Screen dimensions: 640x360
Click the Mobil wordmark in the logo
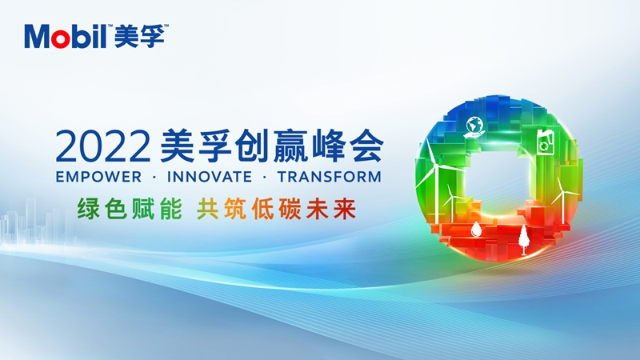click(66, 36)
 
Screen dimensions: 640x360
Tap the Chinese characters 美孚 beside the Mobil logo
click(139, 36)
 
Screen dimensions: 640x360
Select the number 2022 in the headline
click(103, 146)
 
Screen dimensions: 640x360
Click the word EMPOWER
click(98, 177)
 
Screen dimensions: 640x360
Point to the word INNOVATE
click(210, 177)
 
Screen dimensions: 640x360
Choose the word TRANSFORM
click(330, 177)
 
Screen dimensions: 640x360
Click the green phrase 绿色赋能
click(130, 209)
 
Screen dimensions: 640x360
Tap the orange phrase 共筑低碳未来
click(276, 209)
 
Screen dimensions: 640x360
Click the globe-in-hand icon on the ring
click(474, 127)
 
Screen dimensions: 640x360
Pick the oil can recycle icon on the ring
click(545, 142)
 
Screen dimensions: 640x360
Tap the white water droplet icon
click(475, 230)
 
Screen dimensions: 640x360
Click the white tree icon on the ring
click(523, 240)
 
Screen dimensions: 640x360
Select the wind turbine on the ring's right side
click(562, 200)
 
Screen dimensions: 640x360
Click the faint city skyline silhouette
click(37, 222)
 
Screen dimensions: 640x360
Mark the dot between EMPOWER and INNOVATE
click(154, 178)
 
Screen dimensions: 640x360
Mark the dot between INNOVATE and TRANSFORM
click(265, 178)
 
